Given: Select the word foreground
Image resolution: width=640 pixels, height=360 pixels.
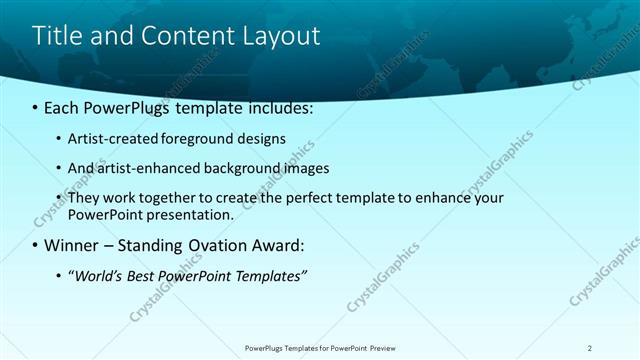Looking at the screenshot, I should [x=191, y=139].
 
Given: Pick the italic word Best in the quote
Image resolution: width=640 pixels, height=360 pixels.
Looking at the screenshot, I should [x=140, y=275].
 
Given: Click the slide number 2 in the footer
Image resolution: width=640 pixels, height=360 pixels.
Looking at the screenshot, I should [x=589, y=348].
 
